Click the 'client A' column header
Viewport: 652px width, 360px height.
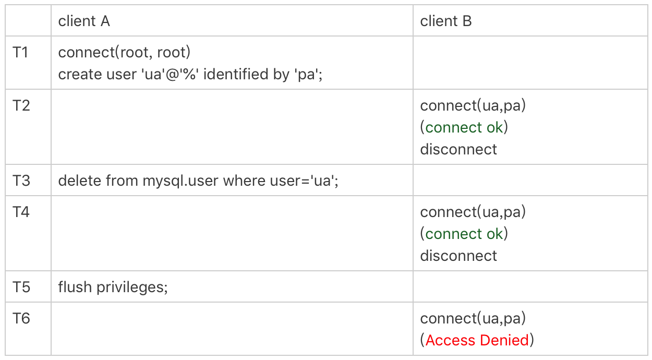pyautogui.click(x=84, y=21)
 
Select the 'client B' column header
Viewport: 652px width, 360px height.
pyautogui.click(x=445, y=21)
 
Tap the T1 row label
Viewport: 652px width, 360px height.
pyautogui.click(x=20, y=52)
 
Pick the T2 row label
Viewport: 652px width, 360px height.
pyautogui.click(x=21, y=105)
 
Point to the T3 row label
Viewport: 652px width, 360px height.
pyautogui.click(x=21, y=181)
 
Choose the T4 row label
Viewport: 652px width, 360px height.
pyautogui.click(x=21, y=212)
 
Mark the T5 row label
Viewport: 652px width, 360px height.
pyautogui.click(x=21, y=287)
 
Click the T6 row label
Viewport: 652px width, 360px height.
pyautogui.click(x=21, y=318)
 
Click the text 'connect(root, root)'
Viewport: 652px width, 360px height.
pyautogui.click(x=124, y=52)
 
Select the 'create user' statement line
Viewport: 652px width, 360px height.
pyautogui.click(x=190, y=74)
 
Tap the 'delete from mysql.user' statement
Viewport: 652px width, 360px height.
pyautogui.click(x=198, y=181)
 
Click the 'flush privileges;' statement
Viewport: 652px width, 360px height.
pyautogui.click(x=113, y=287)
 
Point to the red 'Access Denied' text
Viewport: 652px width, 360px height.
pyautogui.click(x=477, y=340)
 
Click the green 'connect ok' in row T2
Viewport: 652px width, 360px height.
pyautogui.click(x=464, y=127)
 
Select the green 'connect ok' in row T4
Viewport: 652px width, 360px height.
pyautogui.click(x=464, y=234)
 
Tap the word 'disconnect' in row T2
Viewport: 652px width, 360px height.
pyautogui.click(x=458, y=149)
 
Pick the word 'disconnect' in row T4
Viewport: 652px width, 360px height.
pyautogui.click(x=458, y=256)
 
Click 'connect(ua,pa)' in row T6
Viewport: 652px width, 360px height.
pyautogui.click(x=473, y=318)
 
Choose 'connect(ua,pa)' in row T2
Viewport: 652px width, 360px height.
pyautogui.click(x=473, y=105)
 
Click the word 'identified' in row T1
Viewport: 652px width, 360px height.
pyautogui.click(x=236, y=74)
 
